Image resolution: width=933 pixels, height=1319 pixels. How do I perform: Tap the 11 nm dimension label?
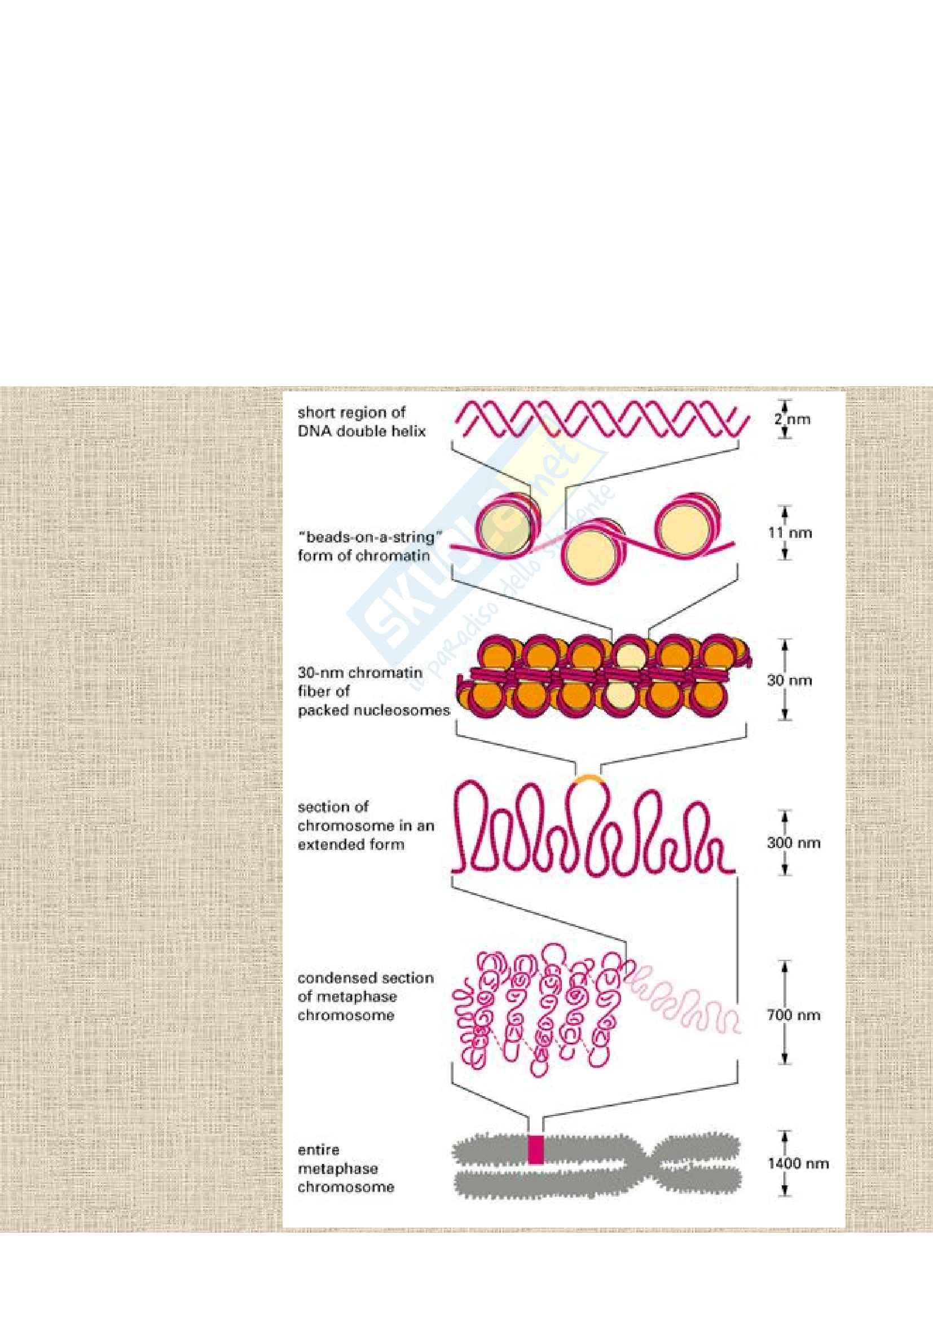tap(790, 532)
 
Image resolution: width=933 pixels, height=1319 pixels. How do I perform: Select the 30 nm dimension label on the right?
tap(790, 680)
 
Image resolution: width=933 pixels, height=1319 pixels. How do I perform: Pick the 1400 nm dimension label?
tap(798, 1147)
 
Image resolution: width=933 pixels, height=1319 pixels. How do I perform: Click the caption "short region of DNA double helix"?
tap(362, 421)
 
